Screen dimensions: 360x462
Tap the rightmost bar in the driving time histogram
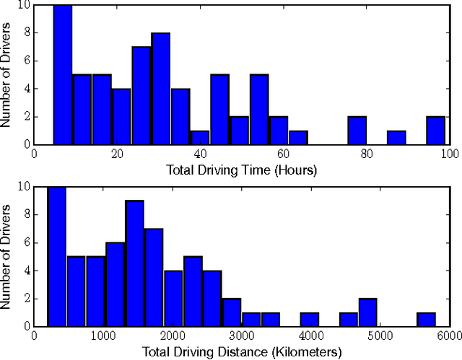pos(435,131)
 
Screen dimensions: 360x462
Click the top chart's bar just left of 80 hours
pos(357,131)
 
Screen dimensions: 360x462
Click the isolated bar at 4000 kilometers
pos(310,320)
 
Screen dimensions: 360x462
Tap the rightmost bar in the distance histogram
pos(426,320)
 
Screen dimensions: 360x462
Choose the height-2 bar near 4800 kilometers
pos(368,312)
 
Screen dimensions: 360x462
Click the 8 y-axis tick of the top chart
pos(27,32)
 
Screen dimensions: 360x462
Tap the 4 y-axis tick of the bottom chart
pos(27,271)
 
